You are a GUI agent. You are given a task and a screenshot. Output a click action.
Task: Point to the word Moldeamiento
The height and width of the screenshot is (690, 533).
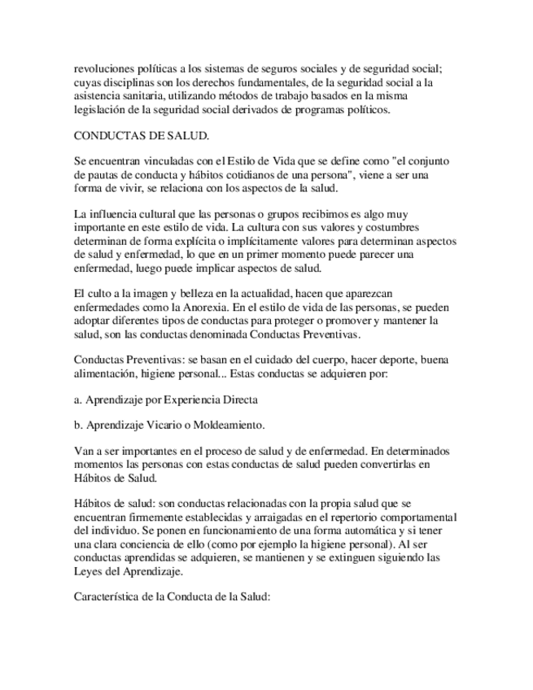pos(234,424)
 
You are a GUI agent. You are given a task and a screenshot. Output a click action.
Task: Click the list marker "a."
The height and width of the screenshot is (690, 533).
pos(78,400)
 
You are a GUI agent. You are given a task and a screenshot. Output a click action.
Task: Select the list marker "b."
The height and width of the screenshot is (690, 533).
pos(78,424)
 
